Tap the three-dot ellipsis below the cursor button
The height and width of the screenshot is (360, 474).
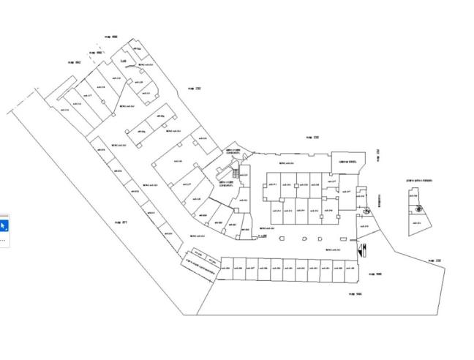click(3, 239)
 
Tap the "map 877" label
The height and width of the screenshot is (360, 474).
click(121, 222)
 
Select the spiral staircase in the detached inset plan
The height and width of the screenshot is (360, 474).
click(418, 209)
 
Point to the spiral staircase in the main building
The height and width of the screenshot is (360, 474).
click(366, 209)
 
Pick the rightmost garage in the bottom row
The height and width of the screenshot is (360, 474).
click(351, 269)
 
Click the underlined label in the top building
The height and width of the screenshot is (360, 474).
click(124, 60)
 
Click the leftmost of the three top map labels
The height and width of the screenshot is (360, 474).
click(74, 62)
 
